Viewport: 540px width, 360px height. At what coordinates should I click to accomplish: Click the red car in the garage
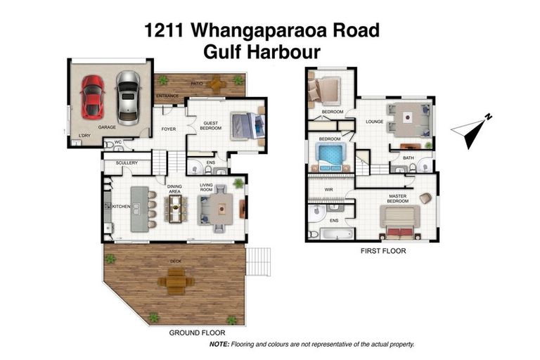coord(92,96)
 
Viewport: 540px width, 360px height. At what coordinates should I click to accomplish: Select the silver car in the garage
coord(127,96)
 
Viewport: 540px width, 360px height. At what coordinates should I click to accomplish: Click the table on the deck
coord(176,282)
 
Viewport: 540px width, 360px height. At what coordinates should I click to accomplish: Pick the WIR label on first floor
coord(328,190)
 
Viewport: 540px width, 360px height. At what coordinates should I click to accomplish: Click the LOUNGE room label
coord(374,122)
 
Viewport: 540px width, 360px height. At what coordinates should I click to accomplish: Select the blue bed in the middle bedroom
coord(330,156)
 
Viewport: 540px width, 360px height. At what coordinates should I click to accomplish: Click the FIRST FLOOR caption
coord(382,250)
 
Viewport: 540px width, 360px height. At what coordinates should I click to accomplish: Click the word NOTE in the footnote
coord(220,345)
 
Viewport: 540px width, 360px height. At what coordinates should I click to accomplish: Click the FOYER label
coord(168,129)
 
